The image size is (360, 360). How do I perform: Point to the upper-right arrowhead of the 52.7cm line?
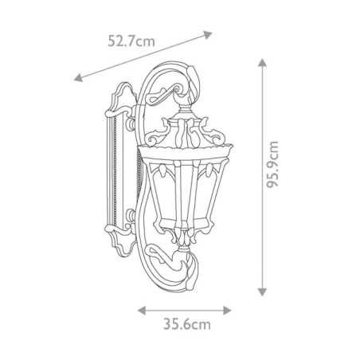point(211,33)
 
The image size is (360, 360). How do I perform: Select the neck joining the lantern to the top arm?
point(186,108)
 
